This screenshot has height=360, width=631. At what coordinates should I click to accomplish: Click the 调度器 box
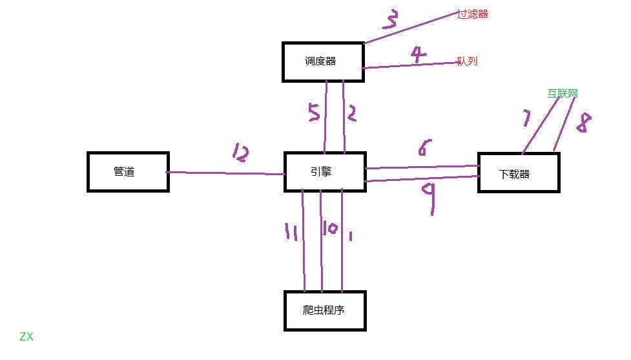(x=323, y=61)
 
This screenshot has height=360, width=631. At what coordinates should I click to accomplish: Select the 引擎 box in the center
(x=325, y=172)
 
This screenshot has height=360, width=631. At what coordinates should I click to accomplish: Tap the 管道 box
(x=128, y=172)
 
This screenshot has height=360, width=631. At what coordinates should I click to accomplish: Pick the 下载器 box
(x=518, y=173)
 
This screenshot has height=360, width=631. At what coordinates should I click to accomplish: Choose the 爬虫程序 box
(x=324, y=311)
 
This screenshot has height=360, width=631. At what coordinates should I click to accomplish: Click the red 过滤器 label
(x=472, y=14)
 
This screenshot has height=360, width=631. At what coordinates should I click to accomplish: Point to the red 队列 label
(x=467, y=61)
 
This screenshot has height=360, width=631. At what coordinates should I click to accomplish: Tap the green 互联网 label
(x=562, y=93)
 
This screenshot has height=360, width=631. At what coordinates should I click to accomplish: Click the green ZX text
(x=26, y=337)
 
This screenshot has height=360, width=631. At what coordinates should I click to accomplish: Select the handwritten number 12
(x=240, y=154)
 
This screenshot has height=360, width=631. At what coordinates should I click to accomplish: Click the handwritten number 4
(x=419, y=54)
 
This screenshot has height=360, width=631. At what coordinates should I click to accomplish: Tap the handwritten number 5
(x=313, y=114)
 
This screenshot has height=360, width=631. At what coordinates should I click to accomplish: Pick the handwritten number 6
(x=422, y=149)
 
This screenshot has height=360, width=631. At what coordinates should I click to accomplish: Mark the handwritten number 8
(x=583, y=123)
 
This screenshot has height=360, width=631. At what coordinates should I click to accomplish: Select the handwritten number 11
(x=291, y=231)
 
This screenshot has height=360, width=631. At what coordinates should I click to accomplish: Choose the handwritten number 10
(x=329, y=229)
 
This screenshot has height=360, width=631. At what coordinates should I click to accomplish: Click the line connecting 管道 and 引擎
(x=226, y=173)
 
